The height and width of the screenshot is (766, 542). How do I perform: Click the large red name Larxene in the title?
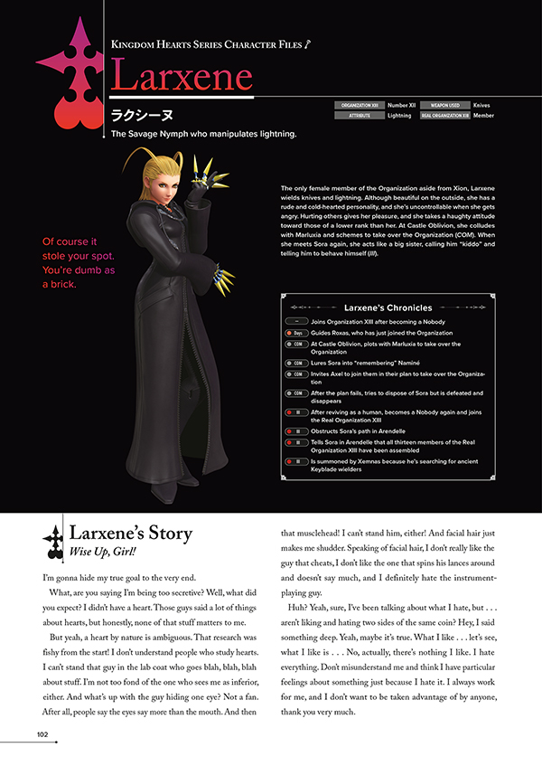[182, 79]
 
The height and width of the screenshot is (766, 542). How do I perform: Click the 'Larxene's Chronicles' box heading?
[388, 307]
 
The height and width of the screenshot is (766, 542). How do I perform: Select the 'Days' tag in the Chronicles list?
[297, 333]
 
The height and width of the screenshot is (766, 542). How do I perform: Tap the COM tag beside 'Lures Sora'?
[297, 360]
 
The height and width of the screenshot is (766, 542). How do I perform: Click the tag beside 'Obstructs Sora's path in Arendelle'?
[297, 431]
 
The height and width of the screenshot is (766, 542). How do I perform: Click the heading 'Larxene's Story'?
[131, 534]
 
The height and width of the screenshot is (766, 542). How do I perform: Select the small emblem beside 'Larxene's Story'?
[52, 540]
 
